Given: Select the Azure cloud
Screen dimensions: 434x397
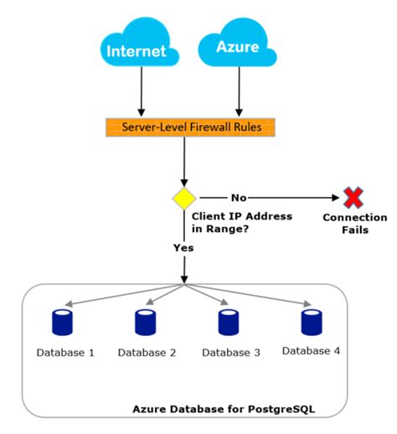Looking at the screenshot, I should pos(238,49).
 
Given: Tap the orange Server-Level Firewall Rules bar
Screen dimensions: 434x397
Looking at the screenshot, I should pos(189,127).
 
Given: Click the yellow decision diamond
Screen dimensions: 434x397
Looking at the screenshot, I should pos(183,199).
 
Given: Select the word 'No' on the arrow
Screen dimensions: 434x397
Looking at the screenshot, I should pos(239,198).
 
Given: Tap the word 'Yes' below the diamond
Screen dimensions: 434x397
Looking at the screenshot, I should pos(183,249).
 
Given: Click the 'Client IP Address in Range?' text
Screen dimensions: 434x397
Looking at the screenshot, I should pos(242,222).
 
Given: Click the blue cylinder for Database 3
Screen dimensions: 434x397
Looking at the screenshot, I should pos(228,322).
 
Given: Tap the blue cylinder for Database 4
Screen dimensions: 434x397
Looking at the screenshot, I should pos(311,322).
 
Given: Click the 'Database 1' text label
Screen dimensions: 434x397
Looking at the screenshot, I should pos(64,353).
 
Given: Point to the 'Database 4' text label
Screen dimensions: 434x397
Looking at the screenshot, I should pos(311,351).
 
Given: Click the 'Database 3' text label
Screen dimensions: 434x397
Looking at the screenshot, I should pos(229,353).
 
